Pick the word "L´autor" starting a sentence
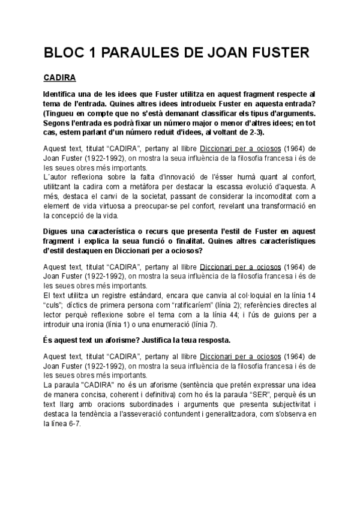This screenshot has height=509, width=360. pyautogui.click(x=57, y=177)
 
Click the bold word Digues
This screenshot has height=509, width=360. pyautogui.click(x=58, y=231)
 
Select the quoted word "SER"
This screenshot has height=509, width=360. pyautogui.click(x=272, y=394)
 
